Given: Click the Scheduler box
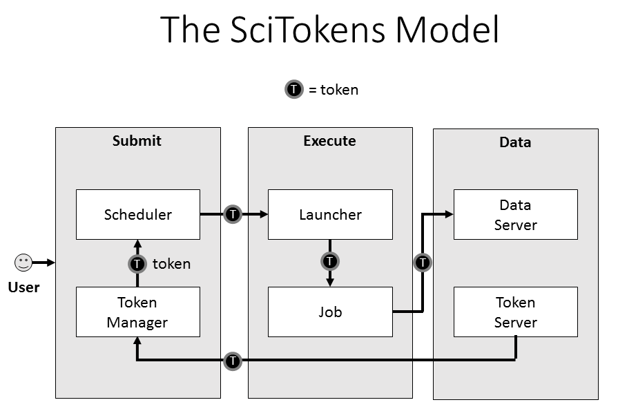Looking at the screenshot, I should pyautogui.click(x=137, y=214).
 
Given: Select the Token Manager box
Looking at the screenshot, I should pyautogui.click(x=137, y=312).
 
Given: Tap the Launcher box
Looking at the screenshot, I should pyautogui.click(x=330, y=214).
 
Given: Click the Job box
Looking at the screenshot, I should pyautogui.click(x=330, y=312).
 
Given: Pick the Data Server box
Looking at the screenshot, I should pyautogui.click(x=515, y=214).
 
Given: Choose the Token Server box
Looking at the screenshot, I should pyautogui.click(x=515, y=312).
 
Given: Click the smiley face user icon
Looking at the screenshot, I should pyautogui.click(x=23, y=263).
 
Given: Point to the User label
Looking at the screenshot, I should pyautogui.click(x=23, y=287).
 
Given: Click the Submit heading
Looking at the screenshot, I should pyautogui.click(x=137, y=141).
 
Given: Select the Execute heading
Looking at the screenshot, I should pyautogui.click(x=329, y=141).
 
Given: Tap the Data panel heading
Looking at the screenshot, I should pyautogui.click(x=515, y=142).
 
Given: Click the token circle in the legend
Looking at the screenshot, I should pyautogui.click(x=294, y=89).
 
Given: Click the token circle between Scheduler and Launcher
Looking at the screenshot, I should pyautogui.click(x=233, y=214).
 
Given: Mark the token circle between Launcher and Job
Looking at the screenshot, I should pyautogui.click(x=330, y=261).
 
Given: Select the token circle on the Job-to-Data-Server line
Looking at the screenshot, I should pyautogui.click(x=423, y=263).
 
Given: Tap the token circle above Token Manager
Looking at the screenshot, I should pyautogui.click(x=137, y=264).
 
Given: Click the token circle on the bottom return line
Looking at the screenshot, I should pyautogui.click(x=233, y=360).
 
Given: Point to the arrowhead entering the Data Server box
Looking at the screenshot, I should pyautogui.click(x=449, y=214).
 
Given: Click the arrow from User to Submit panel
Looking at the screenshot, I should pyautogui.click(x=43, y=263).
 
